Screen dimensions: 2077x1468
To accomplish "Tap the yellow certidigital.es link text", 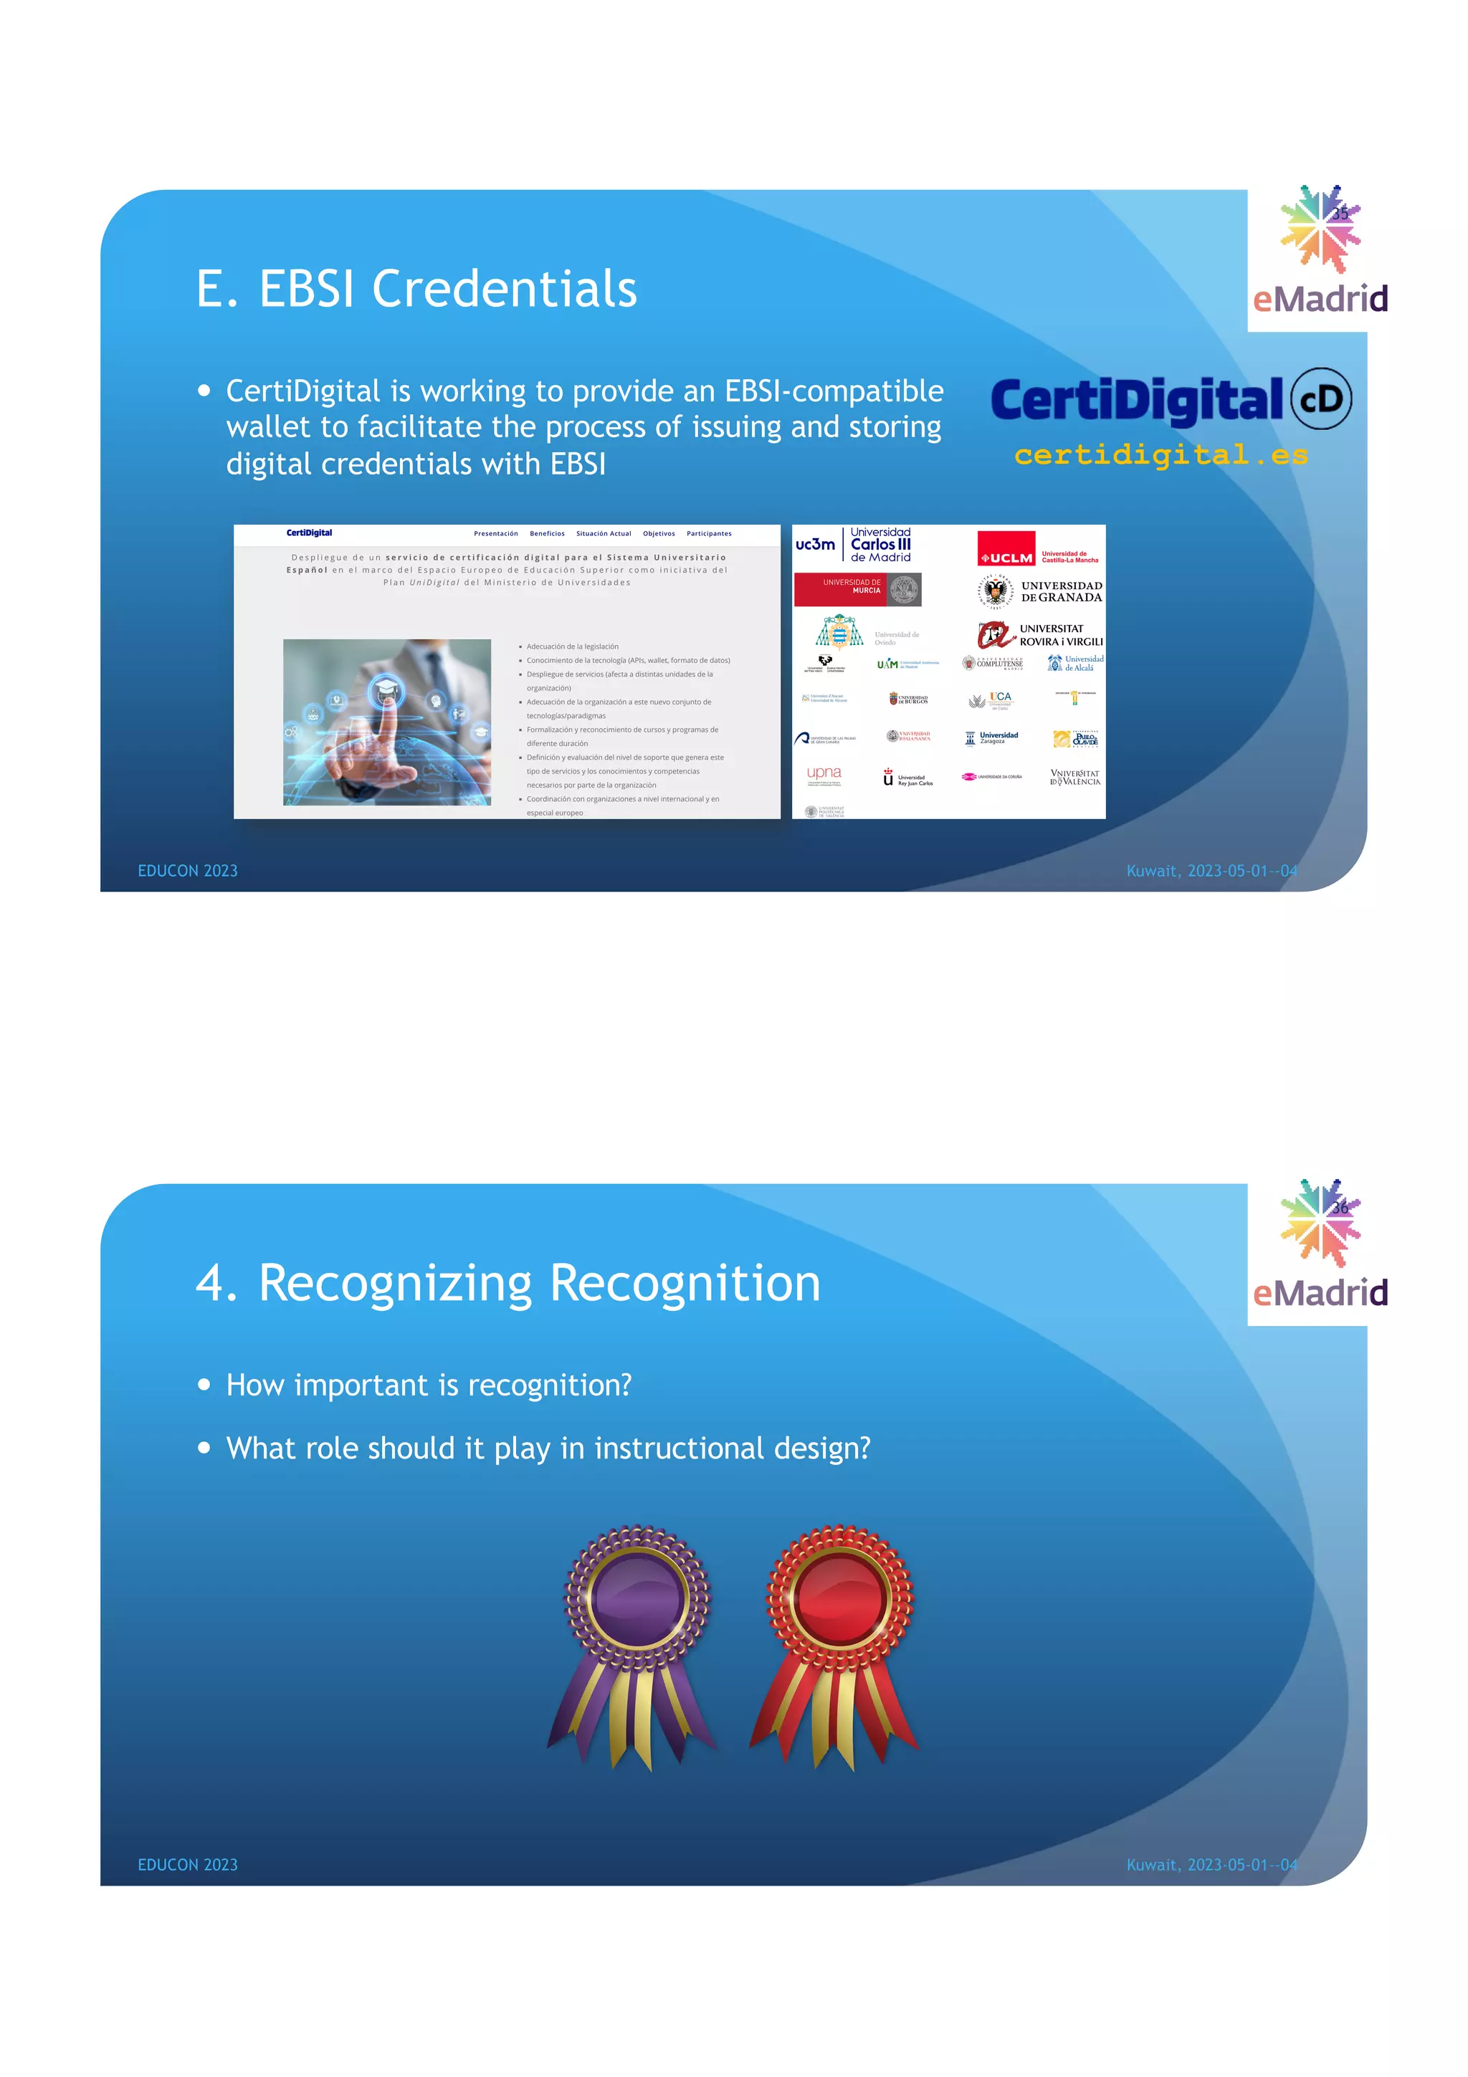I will pos(1160,454).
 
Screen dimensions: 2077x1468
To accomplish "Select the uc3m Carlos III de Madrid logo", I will pos(854,545).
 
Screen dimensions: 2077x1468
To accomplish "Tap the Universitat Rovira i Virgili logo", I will pos(1040,634).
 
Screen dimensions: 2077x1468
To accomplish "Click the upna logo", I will pos(824,774).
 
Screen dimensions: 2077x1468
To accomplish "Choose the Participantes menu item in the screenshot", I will pos(708,534).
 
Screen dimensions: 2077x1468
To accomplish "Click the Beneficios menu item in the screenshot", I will pos(546,534).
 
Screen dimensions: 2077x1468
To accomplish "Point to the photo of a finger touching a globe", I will pos(387,722).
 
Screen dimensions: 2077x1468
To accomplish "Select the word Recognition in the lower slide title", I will pos(685,1283).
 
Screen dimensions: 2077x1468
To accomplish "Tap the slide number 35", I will pos(1340,214).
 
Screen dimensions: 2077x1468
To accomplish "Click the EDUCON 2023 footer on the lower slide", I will pos(187,1864).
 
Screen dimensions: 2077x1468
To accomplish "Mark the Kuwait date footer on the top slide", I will pos(1211,870).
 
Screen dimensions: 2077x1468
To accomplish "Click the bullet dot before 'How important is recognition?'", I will pos(204,1384).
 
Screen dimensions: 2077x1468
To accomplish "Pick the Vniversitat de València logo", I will pos(1074,778).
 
